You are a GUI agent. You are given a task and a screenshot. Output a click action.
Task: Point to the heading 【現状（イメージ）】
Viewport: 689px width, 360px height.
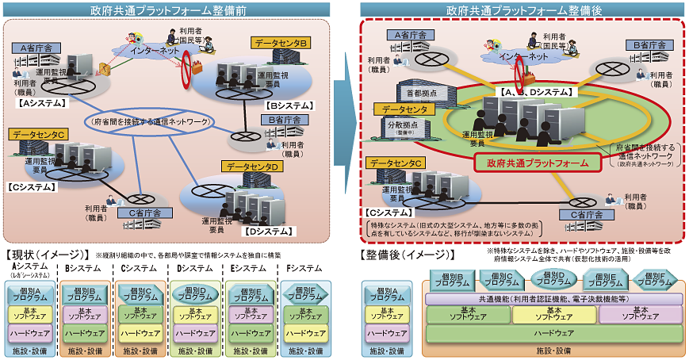click(x=47, y=255)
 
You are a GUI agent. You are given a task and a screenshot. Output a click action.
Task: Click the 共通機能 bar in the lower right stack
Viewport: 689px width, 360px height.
click(x=553, y=298)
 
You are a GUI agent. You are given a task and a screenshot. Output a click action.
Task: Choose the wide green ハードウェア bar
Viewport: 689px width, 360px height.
click(x=553, y=333)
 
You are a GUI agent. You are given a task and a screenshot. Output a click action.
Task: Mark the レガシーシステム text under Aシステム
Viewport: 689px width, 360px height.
click(x=29, y=276)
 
